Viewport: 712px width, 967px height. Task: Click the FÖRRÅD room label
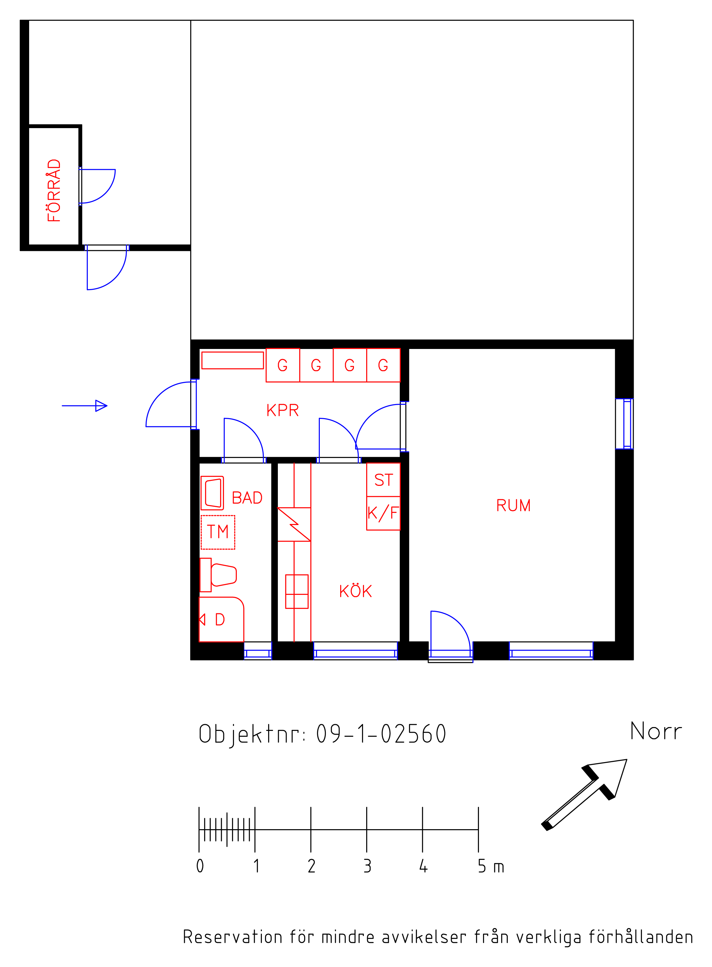[x=54, y=190]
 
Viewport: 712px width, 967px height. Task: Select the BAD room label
[x=247, y=498]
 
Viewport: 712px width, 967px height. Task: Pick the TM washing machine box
[x=218, y=532]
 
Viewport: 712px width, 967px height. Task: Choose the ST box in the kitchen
[x=383, y=480]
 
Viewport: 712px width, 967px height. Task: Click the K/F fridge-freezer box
[x=383, y=513]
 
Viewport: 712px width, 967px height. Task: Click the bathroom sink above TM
[x=212, y=493]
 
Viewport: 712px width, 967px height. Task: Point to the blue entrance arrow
[x=85, y=406]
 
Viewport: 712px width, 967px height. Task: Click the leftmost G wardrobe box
[x=283, y=365]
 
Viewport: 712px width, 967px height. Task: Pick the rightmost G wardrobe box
[x=383, y=365]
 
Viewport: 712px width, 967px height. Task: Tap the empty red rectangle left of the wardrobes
[x=233, y=360]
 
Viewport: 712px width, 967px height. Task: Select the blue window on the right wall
[x=627, y=424]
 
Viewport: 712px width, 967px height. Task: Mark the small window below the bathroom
[x=258, y=654]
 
